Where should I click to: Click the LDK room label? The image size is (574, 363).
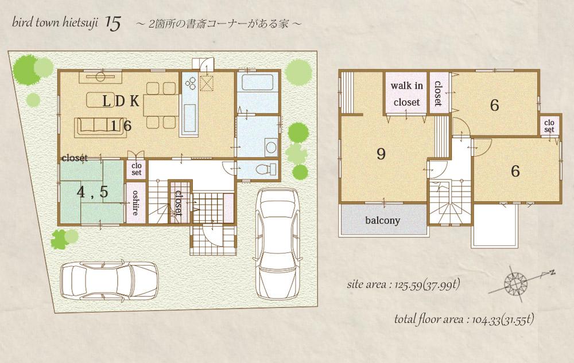(121, 101)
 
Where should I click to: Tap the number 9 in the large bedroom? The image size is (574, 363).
(380, 154)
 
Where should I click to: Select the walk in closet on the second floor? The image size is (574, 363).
(406, 94)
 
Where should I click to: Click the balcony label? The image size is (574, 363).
(382, 220)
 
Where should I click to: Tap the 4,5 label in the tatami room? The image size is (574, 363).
(92, 192)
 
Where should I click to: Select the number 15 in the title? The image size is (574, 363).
(113, 24)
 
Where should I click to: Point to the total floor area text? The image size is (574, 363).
(465, 319)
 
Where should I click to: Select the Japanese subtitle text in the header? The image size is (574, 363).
(218, 25)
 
